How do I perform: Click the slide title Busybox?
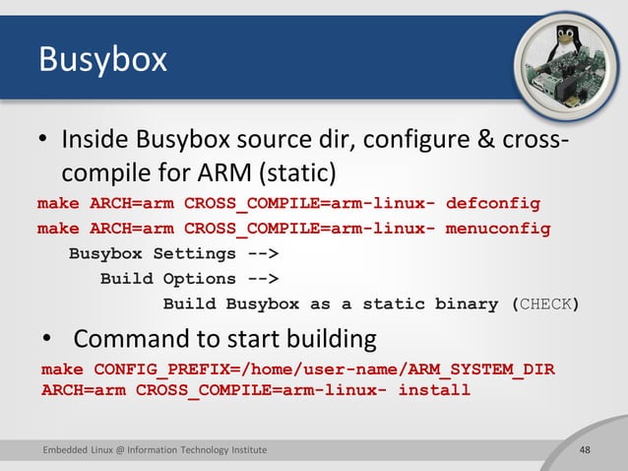coord(101,60)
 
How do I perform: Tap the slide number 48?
coord(585,450)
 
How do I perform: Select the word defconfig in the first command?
coord(493,205)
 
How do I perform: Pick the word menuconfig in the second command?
coord(498,230)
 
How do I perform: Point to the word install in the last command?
coord(433,390)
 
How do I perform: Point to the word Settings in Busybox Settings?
coord(194,254)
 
